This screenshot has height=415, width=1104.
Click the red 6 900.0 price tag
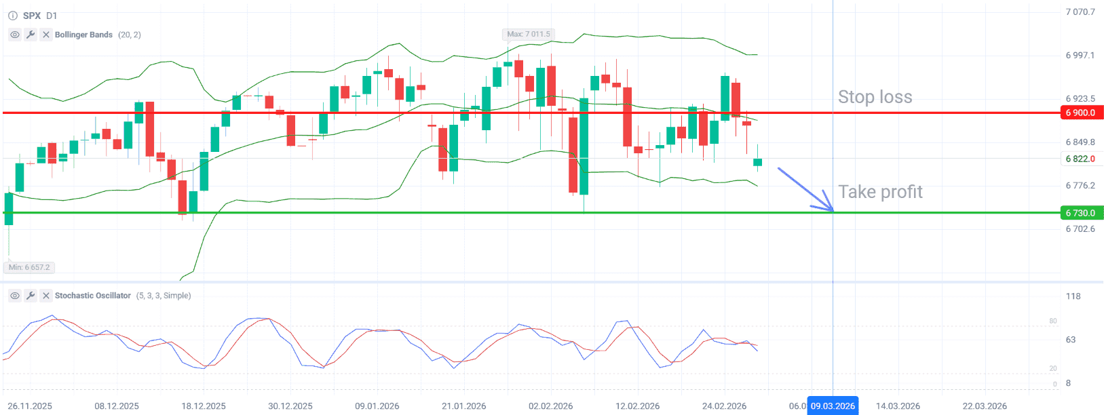[x=1081, y=113]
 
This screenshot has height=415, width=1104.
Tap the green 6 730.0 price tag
[x=1081, y=213]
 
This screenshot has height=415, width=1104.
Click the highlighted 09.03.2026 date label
[x=833, y=406]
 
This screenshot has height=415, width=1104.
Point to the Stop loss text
[x=875, y=97]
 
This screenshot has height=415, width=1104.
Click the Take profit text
[x=880, y=192]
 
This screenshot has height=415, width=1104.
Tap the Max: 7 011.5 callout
[x=529, y=34]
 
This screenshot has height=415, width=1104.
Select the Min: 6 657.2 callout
[x=29, y=267]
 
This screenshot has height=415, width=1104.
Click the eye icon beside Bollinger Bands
[x=15, y=35]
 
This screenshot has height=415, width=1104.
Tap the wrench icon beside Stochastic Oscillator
[x=31, y=296]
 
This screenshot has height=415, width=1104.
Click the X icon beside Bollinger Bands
[x=45, y=35]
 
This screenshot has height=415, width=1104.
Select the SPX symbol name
[x=32, y=16]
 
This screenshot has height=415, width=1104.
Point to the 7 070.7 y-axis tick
[x=1080, y=12]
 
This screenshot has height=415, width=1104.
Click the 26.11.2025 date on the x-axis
[x=30, y=406]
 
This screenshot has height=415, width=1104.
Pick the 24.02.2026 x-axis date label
[x=724, y=406]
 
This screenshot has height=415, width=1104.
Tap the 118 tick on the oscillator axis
[x=1073, y=296]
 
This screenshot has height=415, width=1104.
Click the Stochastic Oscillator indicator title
[x=92, y=296]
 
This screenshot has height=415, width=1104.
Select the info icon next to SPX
[x=12, y=16]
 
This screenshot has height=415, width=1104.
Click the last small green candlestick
[x=757, y=162]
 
